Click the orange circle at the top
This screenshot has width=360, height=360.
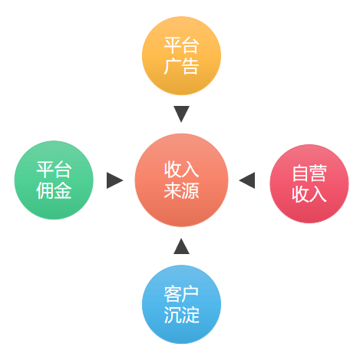pos(181,56)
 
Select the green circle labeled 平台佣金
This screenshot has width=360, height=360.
pos(54,180)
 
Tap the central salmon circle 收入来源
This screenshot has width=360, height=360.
pos(181,180)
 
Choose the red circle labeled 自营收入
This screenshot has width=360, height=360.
pos(309,183)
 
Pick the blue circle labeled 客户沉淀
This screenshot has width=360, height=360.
pos(181,304)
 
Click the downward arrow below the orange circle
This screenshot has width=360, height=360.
pos(181,114)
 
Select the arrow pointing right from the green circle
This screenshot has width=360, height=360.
pos(114,180)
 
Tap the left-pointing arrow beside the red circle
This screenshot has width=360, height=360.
pos(247,180)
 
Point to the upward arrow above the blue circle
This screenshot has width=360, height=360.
pos(181,246)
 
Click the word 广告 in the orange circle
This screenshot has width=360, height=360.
pos(181,67)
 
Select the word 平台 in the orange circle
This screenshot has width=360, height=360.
pos(181,45)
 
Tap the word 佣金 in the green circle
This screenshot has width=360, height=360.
pos(54,190)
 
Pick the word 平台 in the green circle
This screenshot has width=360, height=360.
pos(54,170)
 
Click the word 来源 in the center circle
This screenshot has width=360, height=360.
pos(181,191)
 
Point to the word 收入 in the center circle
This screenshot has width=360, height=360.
pos(181,170)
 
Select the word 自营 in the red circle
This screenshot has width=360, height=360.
pos(309,173)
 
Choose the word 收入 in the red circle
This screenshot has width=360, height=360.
pos(309,194)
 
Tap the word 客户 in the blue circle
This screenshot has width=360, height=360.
pos(181,294)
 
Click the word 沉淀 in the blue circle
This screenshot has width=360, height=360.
pos(181,315)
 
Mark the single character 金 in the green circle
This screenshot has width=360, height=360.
pos(63,190)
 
